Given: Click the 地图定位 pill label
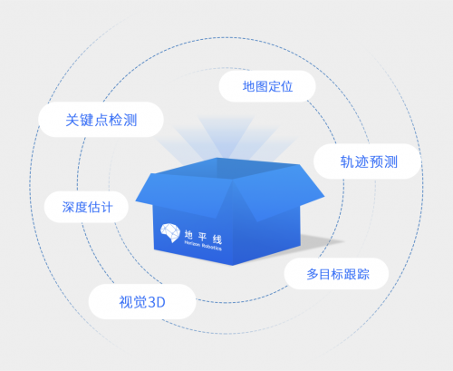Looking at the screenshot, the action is point(267,86).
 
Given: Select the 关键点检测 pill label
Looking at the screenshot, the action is point(101,120).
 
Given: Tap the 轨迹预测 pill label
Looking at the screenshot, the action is point(368,161).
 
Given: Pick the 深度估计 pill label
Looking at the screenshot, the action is point(87,207).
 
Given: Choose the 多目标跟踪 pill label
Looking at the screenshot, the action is point(337,274).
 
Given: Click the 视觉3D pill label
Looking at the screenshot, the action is point(142,302).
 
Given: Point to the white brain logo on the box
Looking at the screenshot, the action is point(170,232).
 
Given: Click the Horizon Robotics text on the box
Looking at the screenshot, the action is point(203,246).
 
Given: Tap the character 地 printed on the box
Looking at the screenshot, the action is point(188,234).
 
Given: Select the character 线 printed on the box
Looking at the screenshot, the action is point(217,239).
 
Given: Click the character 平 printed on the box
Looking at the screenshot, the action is point(203,237).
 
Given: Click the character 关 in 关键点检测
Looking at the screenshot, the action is point(72,120).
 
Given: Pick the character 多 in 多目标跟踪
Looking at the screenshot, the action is point(312,274).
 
